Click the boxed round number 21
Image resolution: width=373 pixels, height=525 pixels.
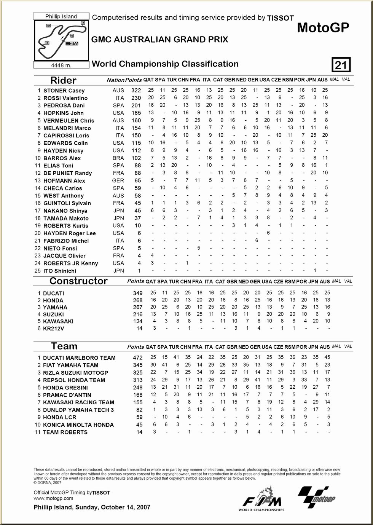click(341, 65)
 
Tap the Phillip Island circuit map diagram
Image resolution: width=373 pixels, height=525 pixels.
click(62, 40)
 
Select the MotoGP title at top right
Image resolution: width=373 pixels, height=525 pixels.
click(323, 27)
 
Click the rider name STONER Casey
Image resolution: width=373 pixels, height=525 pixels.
click(64, 91)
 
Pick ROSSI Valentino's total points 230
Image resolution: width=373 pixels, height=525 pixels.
click(136, 98)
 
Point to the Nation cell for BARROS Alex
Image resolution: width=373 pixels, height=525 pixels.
click(118, 158)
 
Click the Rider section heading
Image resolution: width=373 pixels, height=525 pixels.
click(63, 80)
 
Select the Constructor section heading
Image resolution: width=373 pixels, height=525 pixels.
click(78, 281)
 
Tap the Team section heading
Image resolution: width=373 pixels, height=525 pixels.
click(64, 346)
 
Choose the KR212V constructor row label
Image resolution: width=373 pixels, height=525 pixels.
click(53, 328)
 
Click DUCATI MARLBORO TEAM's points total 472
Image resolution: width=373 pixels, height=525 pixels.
click(137, 357)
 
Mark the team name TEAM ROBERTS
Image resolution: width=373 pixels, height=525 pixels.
click(65, 432)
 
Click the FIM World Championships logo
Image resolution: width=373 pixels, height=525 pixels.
click(261, 499)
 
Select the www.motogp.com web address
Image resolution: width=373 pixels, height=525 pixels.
click(53, 498)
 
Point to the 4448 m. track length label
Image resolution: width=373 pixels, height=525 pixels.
click(61, 65)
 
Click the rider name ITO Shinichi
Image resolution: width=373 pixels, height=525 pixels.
click(60, 271)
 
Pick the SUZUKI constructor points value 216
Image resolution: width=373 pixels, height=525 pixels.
click(137, 314)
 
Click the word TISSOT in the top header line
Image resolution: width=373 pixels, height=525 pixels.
click(281, 18)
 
